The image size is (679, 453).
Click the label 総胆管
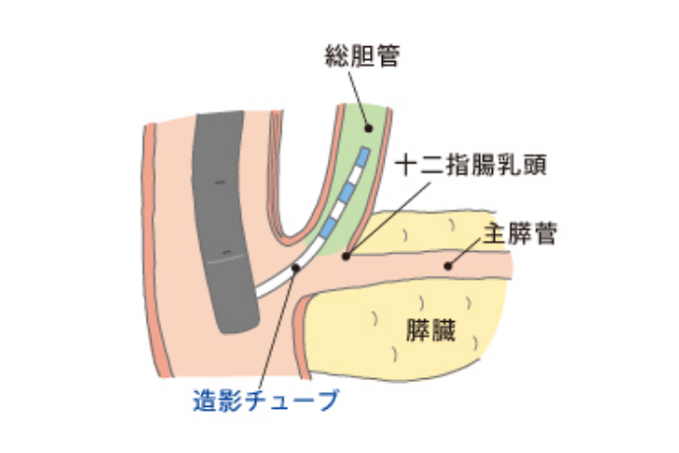(x=362, y=56)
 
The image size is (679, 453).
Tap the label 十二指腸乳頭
(x=471, y=165)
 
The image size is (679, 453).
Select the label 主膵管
(x=520, y=233)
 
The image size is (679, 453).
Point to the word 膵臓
(x=431, y=330)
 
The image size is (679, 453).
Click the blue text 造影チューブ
(x=266, y=400)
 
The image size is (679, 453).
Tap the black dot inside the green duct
(x=368, y=128)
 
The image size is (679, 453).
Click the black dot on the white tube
(x=296, y=268)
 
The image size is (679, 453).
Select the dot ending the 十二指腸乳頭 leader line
(x=345, y=257)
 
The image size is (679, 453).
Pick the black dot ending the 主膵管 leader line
(x=448, y=266)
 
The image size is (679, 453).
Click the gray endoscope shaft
(x=225, y=221)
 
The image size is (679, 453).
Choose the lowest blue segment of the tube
(x=328, y=228)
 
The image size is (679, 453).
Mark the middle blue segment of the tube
(x=346, y=193)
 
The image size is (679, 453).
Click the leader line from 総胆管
(x=358, y=98)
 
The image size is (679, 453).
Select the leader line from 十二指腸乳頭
(x=389, y=220)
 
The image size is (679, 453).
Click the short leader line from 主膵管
(x=464, y=252)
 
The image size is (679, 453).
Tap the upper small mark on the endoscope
(x=220, y=182)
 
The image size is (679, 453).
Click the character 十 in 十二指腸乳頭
(x=407, y=165)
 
